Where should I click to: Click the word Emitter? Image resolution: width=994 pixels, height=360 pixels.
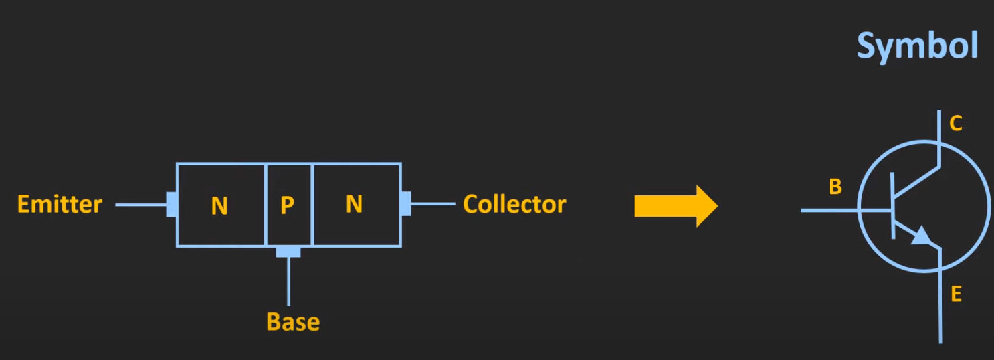coord(60,204)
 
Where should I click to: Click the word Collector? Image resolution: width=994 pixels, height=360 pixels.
coord(514,204)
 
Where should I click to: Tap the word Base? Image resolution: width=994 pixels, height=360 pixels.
coord(293,322)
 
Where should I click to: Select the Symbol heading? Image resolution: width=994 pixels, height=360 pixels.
coord(917,46)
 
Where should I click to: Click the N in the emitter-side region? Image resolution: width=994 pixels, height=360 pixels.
coord(219,206)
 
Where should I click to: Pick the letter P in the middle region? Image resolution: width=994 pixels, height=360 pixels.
coord(287,206)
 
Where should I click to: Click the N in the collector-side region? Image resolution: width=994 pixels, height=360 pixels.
coord(354,204)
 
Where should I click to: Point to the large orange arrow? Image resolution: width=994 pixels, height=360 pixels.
coord(676,206)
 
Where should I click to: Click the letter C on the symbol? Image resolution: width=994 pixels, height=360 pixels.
coord(956,124)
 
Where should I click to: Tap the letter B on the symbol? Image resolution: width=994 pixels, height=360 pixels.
coord(835,187)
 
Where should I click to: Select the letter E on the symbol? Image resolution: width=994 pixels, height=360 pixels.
coord(956,294)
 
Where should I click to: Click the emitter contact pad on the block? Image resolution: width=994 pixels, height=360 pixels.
coord(172,205)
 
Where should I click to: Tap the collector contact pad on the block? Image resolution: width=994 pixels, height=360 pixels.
coord(405,203)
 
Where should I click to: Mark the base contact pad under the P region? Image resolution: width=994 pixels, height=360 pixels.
coord(288,252)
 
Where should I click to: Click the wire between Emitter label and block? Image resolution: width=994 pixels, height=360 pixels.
coord(140,205)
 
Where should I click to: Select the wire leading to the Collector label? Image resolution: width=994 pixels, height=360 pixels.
coord(433,203)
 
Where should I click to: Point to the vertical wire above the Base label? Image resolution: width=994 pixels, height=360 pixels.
coord(288,281)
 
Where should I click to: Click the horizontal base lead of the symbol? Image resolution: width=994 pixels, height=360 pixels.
coord(829,211)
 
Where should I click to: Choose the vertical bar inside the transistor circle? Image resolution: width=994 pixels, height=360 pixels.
coord(893,205)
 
